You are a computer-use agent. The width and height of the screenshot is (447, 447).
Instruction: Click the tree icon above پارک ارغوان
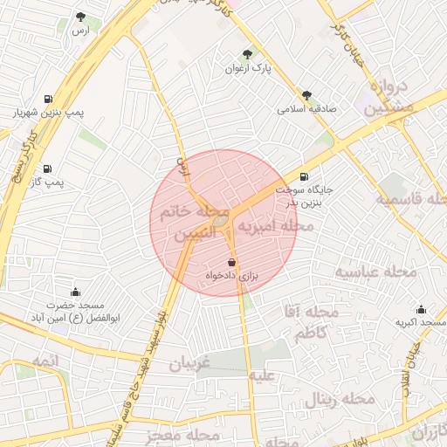click(x=247, y=53)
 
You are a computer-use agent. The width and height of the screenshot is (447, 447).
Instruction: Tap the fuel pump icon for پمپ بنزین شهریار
click(x=46, y=99)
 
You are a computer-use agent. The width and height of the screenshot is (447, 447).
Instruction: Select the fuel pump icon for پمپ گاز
click(x=46, y=168)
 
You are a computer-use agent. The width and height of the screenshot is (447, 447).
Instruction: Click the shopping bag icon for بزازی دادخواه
click(x=231, y=262)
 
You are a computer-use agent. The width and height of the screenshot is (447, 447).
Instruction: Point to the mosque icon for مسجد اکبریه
click(x=422, y=309)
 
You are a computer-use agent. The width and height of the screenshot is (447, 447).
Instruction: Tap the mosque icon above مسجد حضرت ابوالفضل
click(x=75, y=292)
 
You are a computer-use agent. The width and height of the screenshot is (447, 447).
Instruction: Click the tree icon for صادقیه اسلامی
click(x=306, y=95)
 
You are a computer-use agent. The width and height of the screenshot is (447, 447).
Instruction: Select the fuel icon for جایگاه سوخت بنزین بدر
click(x=304, y=175)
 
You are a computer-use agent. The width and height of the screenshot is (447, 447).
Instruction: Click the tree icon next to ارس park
click(x=81, y=17)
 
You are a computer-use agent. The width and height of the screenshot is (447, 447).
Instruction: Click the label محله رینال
click(x=340, y=400)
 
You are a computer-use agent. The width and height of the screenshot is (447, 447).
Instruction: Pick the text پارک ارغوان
click(x=249, y=67)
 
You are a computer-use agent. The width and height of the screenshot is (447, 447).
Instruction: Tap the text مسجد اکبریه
click(x=421, y=323)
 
